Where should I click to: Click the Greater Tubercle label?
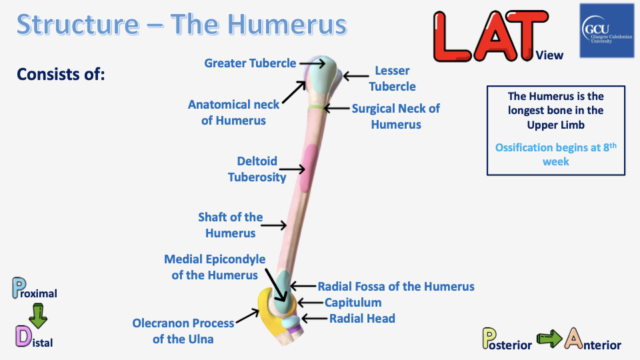(x=250, y=63)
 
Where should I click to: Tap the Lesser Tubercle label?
(x=392, y=78)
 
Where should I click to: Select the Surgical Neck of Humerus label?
(x=396, y=116)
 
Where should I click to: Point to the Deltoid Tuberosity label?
(x=257, y=169)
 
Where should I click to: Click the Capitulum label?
(x=353, y=303)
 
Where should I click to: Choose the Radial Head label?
(x=362, y=319)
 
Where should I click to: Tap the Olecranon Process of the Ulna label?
(x=183, y=331)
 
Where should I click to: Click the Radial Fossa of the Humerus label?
(x=396, y=286)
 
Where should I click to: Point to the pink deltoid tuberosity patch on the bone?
(x=309, y=169)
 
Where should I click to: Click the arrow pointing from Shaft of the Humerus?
(x=273, y=226)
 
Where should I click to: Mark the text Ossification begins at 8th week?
(x=555, y=154)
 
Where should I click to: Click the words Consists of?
(x=61, y=73)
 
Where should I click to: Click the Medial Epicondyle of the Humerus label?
(x=215, y=267)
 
